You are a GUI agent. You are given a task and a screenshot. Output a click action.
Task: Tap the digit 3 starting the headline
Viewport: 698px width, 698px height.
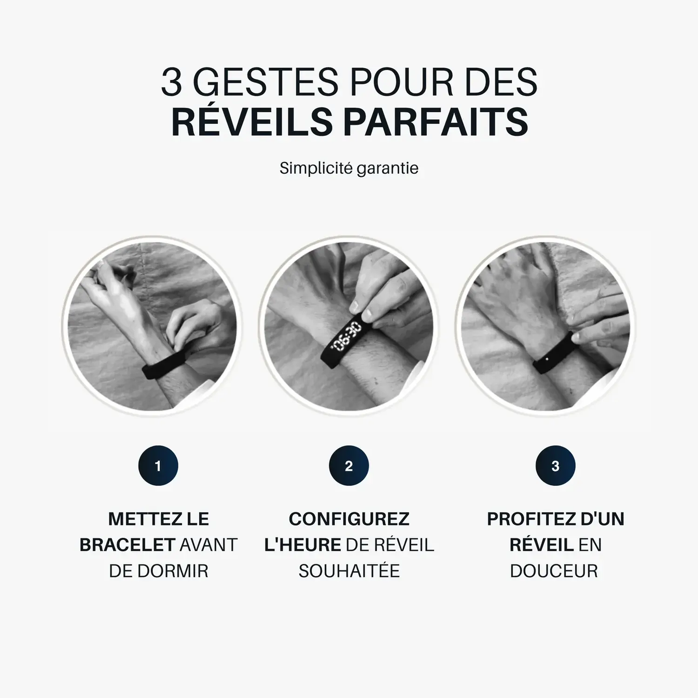pyautogui.click(x=172, y=81)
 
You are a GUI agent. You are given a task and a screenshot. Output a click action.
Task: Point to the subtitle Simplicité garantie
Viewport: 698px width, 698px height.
pyautogui.click(x=349, y=168)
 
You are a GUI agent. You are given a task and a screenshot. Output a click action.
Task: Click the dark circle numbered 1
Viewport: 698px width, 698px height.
pyautogui.click(x=158, y=466)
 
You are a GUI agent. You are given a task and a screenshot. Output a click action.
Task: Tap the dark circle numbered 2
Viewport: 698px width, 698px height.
pyautogui.click(x=349, y=466)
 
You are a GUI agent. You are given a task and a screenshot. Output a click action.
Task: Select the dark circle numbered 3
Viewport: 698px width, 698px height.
pyautogui.click(x=555, y=466)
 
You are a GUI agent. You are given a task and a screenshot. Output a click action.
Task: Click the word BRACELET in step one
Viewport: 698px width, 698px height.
pyautogui.click(x=127, y=545)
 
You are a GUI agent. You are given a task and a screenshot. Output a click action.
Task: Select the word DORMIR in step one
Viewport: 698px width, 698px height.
pyautogui.click(x=173, y=571)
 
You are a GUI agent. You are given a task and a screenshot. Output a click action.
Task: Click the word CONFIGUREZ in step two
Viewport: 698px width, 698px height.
pyautogui.click(x=349, y=519)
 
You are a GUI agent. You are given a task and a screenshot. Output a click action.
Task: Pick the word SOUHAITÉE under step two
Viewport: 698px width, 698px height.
pyautogui.click(x=349, y=571)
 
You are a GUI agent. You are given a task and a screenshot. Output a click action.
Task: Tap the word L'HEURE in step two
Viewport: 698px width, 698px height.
pyautogui.click(x=303, y=545)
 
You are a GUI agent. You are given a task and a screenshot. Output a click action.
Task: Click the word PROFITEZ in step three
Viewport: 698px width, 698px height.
pyautogui.click(x=526, y=519)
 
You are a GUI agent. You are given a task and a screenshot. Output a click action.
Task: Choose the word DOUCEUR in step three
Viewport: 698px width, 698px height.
pyautogui.click(x=554, y=571)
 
